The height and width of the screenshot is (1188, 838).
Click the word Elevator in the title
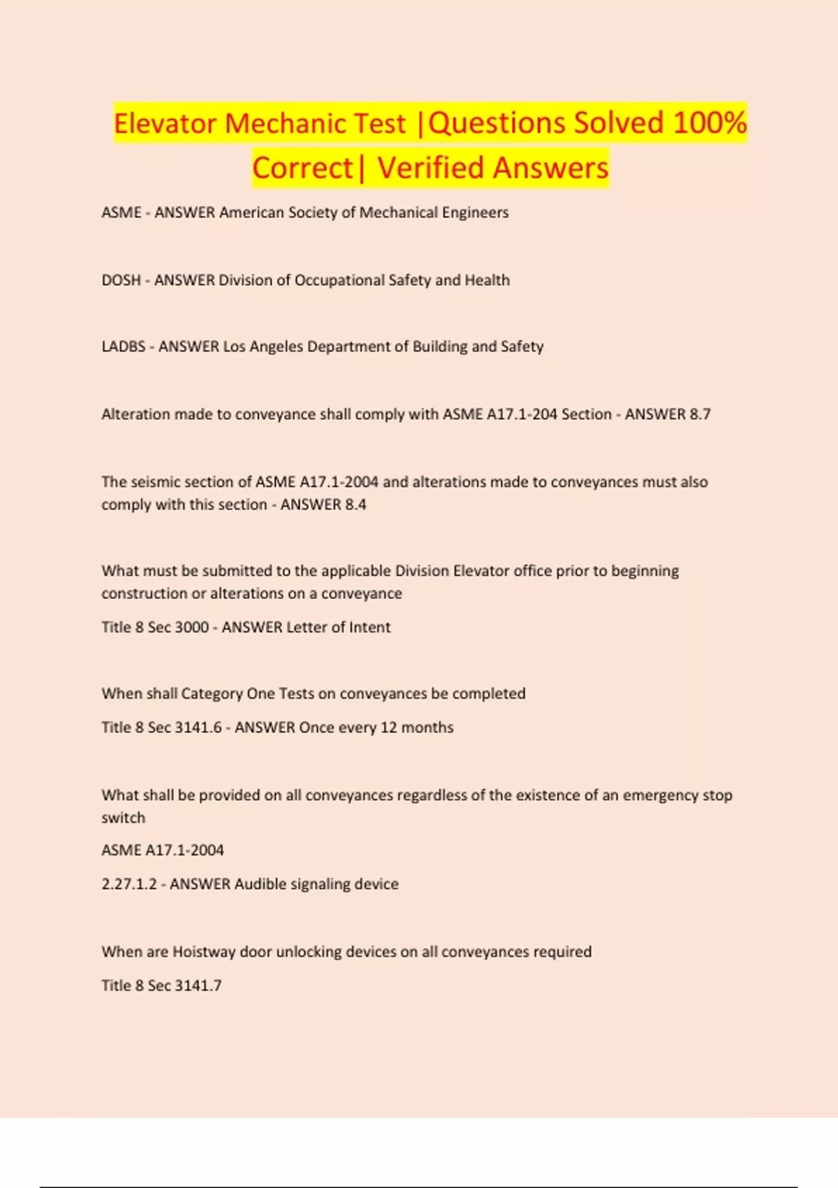coord(166,124)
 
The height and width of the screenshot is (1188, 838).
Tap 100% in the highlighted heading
coord(710,123)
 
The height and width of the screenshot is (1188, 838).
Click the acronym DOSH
coord(121,280)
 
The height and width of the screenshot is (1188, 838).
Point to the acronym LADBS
coord(124,347)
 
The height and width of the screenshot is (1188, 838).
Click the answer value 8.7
coord(700,414)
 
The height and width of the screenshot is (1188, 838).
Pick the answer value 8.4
coord(355,505)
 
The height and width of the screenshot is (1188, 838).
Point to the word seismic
coord(152,482)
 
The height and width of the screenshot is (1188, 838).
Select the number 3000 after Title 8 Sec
coord(192,628)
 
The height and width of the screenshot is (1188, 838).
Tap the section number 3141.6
coord(198,727)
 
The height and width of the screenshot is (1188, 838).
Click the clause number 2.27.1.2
coord(129,884)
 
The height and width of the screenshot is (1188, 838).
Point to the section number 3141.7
coord(198,985)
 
